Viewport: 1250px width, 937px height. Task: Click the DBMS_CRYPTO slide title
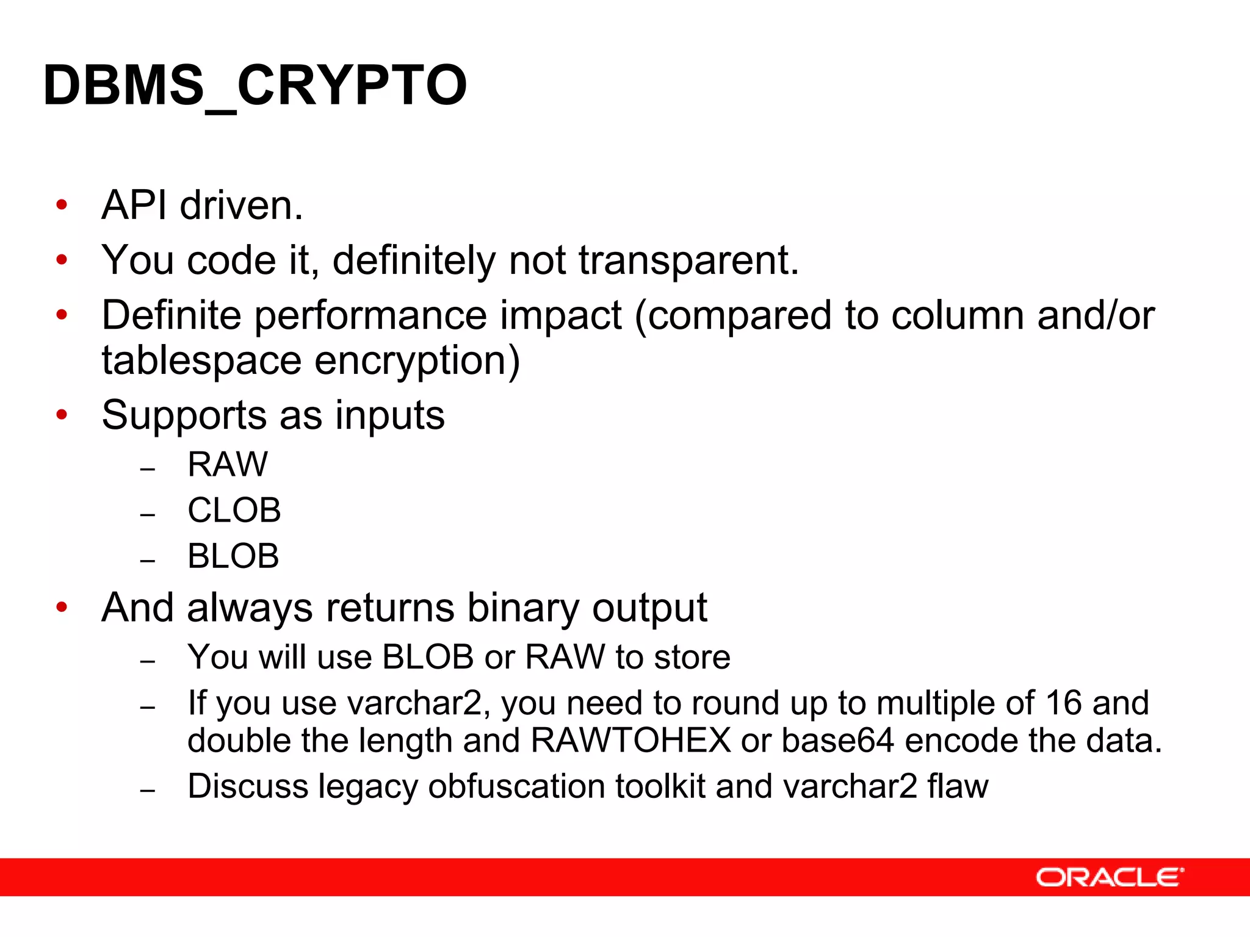[255, 85]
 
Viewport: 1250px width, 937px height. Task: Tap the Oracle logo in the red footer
[1109, 877]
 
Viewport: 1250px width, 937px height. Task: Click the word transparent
[688, 260]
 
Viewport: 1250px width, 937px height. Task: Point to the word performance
[370, 316]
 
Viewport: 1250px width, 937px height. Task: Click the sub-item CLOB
[234, 510]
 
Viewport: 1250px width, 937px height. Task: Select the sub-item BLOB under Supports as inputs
[233, 556]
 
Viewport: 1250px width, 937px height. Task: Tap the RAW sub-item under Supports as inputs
[227, 464]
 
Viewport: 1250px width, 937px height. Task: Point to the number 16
[1064, 703]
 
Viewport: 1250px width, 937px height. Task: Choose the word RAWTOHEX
[630, 741]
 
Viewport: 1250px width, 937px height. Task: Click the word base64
[837, 741]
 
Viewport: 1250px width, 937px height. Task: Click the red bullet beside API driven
[62, 205]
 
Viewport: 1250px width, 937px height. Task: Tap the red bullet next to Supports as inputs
[62, 415]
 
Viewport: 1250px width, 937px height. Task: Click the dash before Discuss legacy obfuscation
[148, 791]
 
